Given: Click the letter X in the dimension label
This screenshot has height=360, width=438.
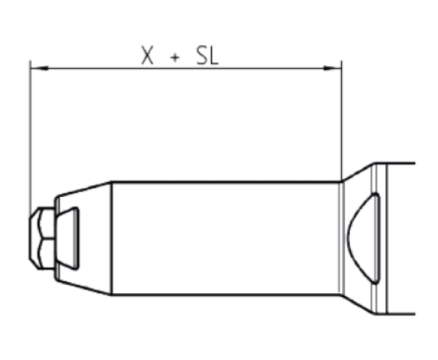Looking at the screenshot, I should point(147,56).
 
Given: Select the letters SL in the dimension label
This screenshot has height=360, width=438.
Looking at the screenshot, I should point(208,56).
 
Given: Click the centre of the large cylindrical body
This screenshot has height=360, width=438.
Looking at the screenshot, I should point(226,239).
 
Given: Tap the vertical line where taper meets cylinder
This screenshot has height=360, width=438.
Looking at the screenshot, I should point(112,239).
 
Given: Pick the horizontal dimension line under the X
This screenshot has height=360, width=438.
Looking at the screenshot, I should point(147,68).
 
